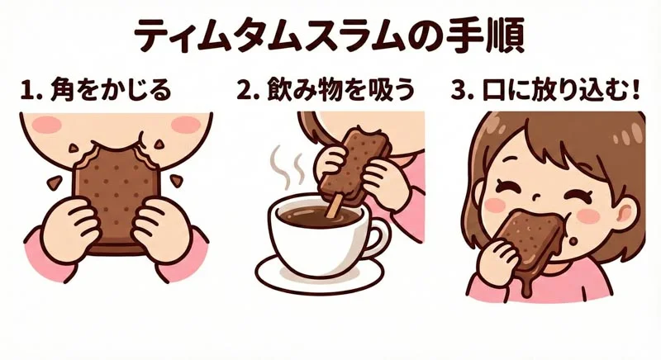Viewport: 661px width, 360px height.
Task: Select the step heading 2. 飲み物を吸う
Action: [326, 89]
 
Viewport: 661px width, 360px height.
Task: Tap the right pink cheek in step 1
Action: [180, 124]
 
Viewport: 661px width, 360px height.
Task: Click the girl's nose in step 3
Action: [538, 196]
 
